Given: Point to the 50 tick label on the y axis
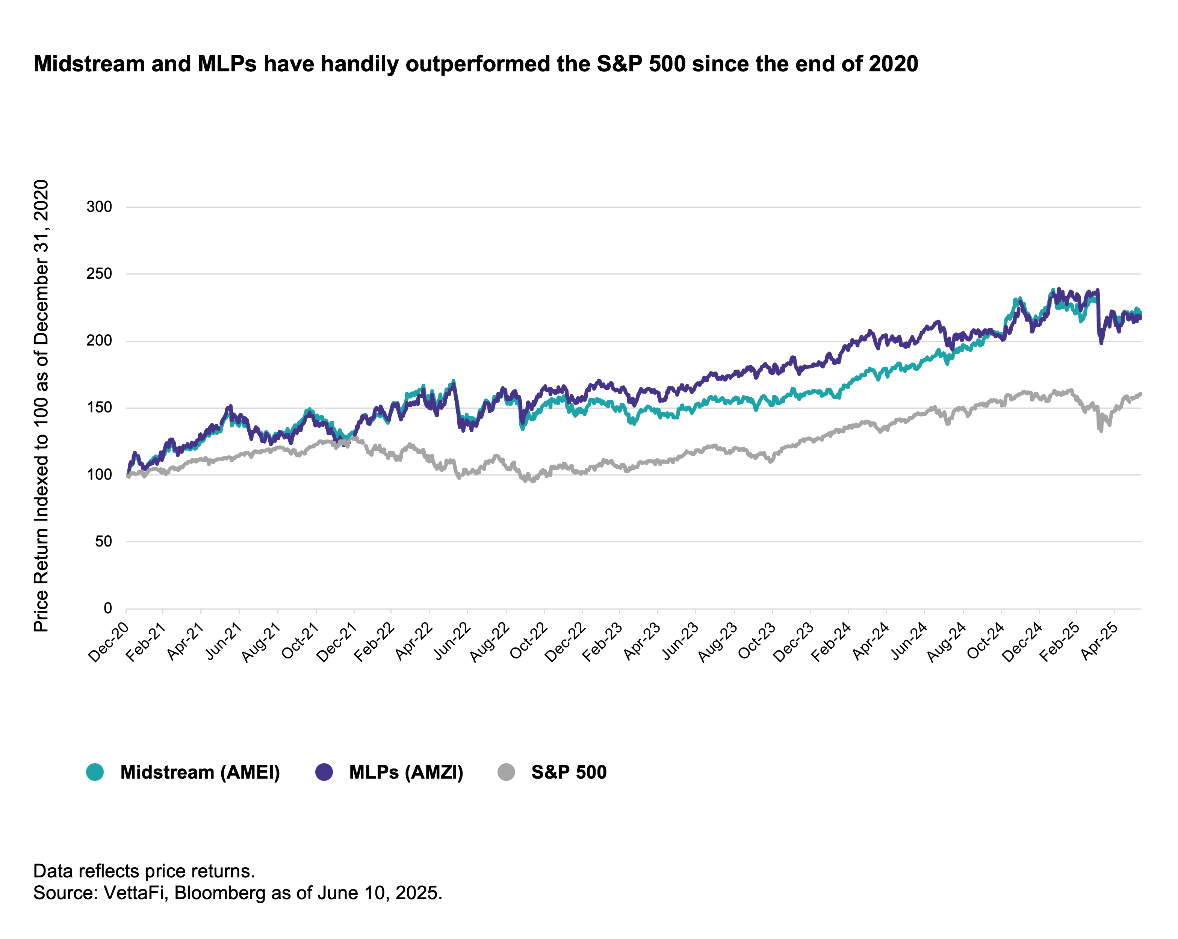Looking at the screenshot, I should (x=103, y=541).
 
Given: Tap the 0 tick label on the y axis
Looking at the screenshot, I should (x=107, y=608).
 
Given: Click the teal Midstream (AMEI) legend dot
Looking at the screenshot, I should (x=95, y=772).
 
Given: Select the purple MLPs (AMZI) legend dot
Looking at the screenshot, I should (x=324, y=772).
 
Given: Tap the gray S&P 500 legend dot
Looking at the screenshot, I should (x=507, y=772).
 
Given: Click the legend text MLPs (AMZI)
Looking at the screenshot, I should (x=406, y=772).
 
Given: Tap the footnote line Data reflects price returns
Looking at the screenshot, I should (x=144, y=870).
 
